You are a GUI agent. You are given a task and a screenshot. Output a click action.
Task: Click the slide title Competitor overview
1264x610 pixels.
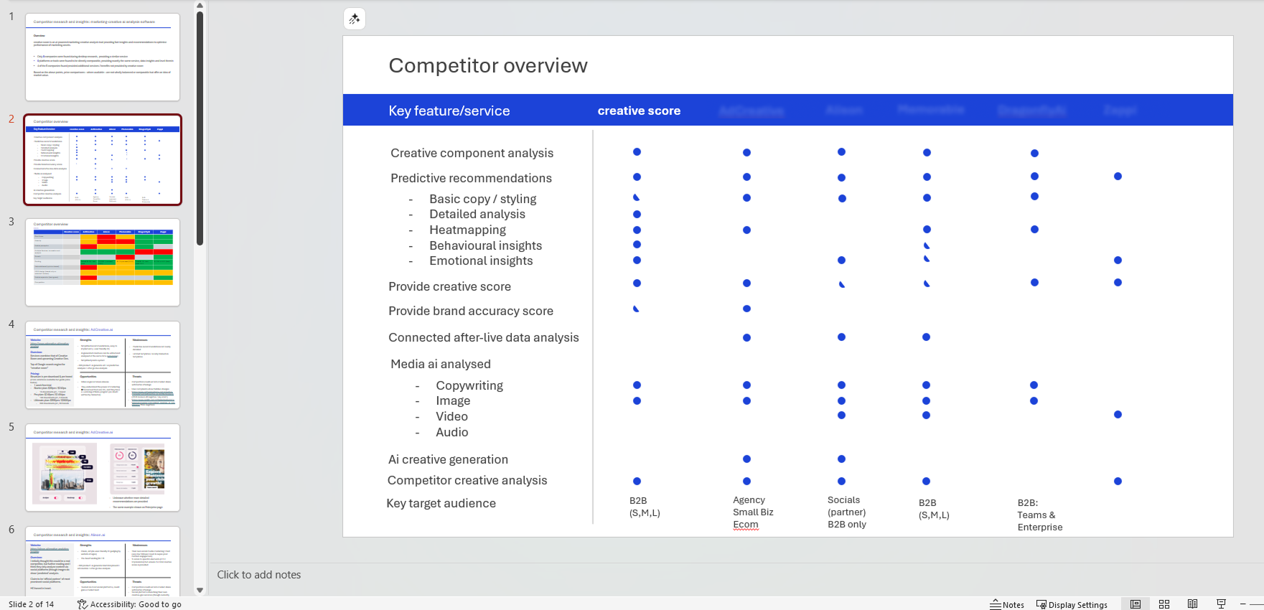[488, 66]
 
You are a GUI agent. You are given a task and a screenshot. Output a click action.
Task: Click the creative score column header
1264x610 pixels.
[639, 111]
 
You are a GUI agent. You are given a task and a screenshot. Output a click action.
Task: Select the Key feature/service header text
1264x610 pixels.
[449, 111]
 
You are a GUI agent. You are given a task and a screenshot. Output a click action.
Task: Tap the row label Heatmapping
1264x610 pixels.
[467, 230]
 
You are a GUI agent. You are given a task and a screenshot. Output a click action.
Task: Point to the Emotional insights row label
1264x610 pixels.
[481, 261]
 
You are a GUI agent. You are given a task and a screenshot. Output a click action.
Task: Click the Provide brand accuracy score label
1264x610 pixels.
[471, 311]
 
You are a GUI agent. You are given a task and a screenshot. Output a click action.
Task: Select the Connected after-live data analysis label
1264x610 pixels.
[484, 338]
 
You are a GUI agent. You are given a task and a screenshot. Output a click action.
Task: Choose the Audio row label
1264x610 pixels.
[452, 433]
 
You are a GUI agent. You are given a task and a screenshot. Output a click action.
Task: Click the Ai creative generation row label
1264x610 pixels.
[448, 460]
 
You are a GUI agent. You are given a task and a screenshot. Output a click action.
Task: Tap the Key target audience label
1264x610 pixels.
[441, 504]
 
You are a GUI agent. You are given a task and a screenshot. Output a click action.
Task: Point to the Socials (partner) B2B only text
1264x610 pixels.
[847, 512]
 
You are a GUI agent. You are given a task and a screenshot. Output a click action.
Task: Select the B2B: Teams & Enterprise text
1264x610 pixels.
[1039, 515]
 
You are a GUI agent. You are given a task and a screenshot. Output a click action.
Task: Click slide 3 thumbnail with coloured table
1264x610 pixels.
[103, 263]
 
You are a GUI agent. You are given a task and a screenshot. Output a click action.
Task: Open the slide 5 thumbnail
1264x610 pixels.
[103, 468]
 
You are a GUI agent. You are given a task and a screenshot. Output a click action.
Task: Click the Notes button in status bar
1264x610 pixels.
[1007, 605]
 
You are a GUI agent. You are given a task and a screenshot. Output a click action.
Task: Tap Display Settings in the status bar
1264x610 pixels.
[1072, 605]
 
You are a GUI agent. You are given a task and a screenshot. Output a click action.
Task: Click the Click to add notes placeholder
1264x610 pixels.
[259, 575]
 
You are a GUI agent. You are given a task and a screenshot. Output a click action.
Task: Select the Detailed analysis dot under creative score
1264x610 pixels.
[637, 215]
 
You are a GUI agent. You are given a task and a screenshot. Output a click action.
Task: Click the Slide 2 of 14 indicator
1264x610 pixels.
[32, 604]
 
